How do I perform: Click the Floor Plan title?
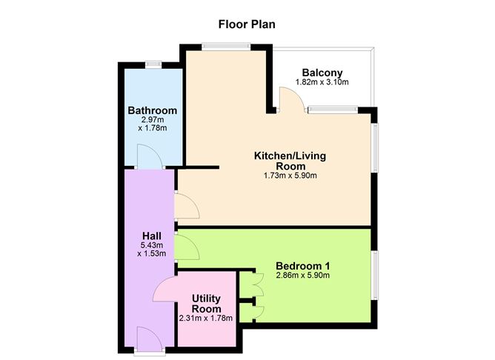247,24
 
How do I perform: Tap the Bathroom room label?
152,111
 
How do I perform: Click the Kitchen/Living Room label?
290,161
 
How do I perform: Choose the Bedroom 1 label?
302,266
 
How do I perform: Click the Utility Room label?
206,303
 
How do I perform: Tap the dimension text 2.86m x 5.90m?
302,276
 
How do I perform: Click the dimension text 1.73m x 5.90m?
290,176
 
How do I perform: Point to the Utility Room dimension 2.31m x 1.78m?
206,318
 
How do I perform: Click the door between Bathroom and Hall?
147,158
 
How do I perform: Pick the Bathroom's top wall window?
153,64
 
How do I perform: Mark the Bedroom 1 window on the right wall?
374,275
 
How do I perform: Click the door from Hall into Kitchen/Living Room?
187,206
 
